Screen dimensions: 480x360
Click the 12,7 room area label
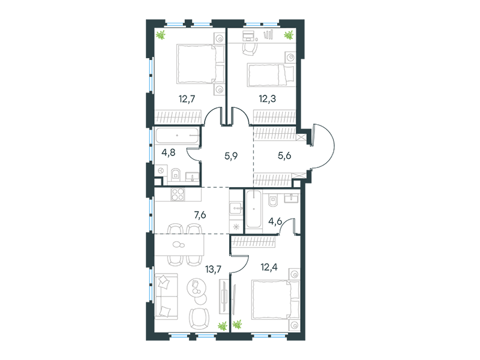pyautogui.click(x=187, y=99)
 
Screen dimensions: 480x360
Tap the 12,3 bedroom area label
pyautogui.click(x=267, y=99)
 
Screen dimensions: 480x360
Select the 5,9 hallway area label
pyautogui.click(x=231, y=156)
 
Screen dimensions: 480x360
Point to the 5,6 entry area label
pyautogui.click(x=284, y=156)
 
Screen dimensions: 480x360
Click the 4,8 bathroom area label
pyautogui.click(x=169, y=152)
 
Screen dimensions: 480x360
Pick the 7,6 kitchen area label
pyautogui.click(x=200, y=215)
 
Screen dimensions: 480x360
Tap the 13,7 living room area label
pyautogui.click(x=214, y=269)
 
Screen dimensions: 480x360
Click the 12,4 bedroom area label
pyautogui.click(x=269, y=267)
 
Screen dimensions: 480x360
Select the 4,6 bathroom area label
pyautogui.click(x=275, y=221)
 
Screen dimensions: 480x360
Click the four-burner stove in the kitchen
pyautogui.click(x=178, y=194)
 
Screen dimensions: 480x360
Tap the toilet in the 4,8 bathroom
pyautogui.click(x=175, y=174)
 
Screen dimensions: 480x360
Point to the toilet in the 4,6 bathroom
pyautogui.click(x=272, y=200)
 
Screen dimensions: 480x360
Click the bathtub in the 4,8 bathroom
pyautogui.click(x=177, y=136)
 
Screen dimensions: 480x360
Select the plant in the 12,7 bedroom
pyautogui.click(x=160, y=35)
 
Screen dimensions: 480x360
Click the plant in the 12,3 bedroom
pyautogui.click(x=288, y=35)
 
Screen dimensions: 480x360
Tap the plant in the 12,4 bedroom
pyautogui.click(x=237, y=324)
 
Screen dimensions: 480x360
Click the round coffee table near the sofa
pyautogui.click(x=196, y=287)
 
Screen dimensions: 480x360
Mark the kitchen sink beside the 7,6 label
pyautogui.click(x=236, y=208)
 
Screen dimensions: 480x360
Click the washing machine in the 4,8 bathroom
pyautogui.click(x=160, y=170)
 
